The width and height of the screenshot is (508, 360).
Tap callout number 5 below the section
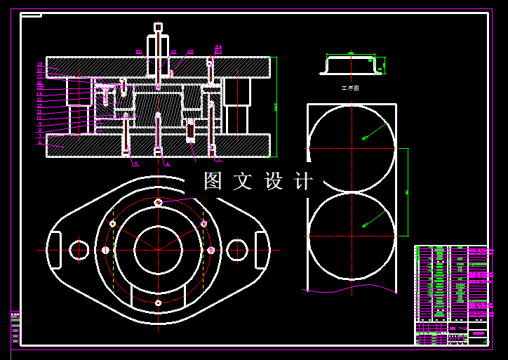click(135, 164)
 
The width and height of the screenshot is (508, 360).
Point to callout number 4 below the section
click(167, 164)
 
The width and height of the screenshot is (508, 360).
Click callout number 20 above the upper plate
click(138, 52)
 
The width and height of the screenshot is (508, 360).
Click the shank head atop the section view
click(158, 27)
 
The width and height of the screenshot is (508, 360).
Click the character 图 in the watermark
click(213, 181)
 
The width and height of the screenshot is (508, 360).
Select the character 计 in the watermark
click(303, 181)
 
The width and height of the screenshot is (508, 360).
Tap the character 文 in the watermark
click(243, 181)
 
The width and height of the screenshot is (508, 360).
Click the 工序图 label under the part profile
click(349, 88)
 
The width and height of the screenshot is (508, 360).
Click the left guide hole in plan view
click(79, 249)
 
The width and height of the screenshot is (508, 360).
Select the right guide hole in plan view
click(237, 249)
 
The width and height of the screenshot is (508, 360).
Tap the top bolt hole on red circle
click(158, 203)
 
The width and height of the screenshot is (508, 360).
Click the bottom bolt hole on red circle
click(158, 303)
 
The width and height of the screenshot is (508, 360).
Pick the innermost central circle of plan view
click(158, 250)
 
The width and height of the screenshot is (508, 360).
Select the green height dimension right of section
click(276, 107)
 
